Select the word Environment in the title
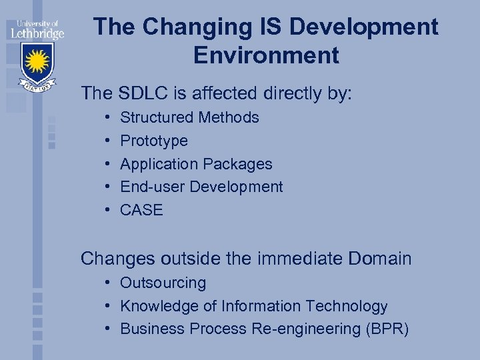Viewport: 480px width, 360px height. tap(266, 55)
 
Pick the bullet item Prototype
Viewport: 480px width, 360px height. tap(153, 141)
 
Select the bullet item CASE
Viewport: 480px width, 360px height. tap(141, 210)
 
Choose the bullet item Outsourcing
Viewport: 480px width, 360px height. tap(163, 283)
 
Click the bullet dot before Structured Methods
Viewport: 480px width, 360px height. tap(107, 118)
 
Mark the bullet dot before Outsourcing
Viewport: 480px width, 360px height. tap(107, 283)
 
